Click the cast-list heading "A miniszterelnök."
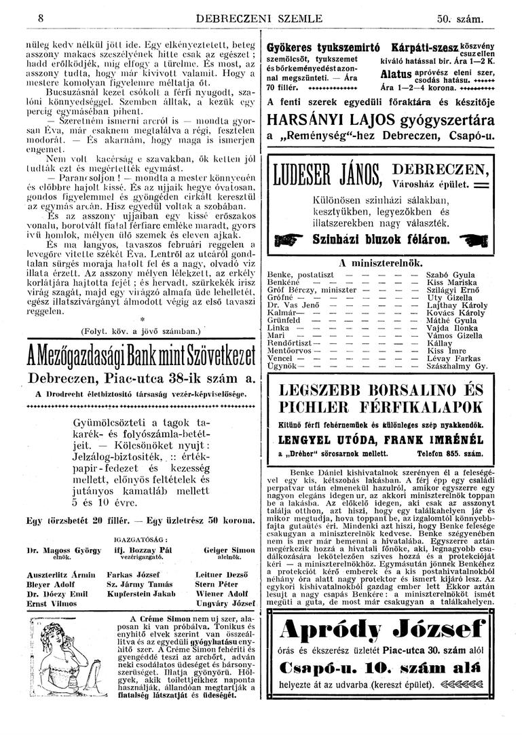click(x=379, y=261)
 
